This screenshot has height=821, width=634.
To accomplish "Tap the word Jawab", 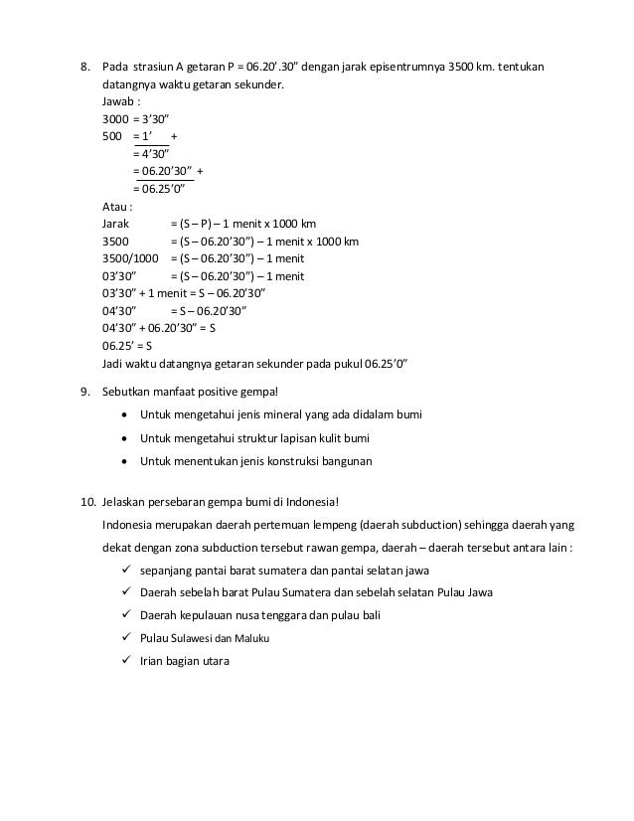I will tap(121, 101).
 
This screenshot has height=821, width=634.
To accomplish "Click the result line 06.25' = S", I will tap(126, 345).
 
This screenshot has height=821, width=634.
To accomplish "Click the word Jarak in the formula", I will tap(116, 224).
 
